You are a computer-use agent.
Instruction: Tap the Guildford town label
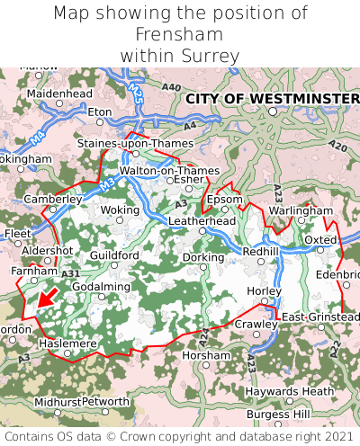114,255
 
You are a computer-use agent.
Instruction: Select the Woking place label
119,210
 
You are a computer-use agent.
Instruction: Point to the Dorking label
203,257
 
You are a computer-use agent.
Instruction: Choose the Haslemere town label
67,343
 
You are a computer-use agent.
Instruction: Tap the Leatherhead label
202,220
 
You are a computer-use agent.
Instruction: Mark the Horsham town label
206,355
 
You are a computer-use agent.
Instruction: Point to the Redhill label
261,251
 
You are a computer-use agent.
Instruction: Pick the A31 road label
71,273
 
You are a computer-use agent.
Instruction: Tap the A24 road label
204,335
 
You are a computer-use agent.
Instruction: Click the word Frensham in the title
179,34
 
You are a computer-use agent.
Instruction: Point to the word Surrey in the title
209,56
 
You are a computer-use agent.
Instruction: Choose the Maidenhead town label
59,94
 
